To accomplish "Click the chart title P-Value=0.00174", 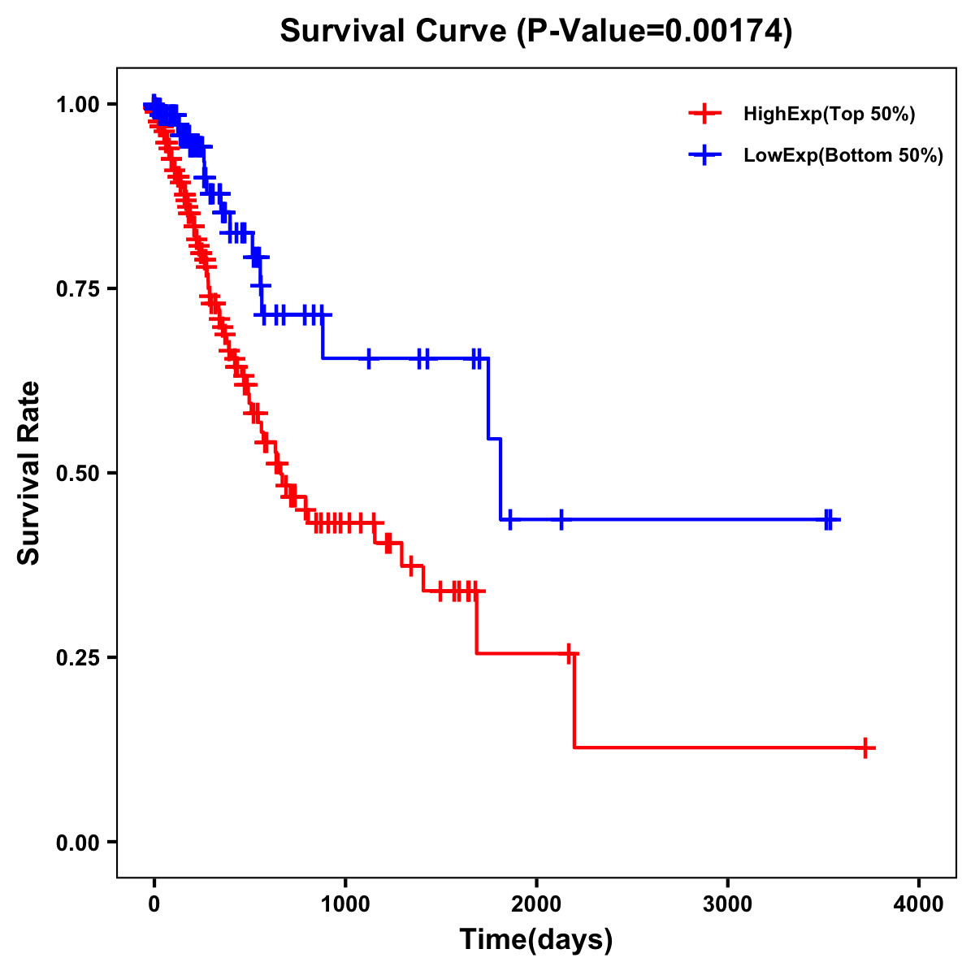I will pos(535,31).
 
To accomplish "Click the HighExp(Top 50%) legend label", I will pos(829,114).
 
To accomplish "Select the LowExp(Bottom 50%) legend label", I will pos(843,155).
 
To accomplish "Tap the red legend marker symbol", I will pos(704,114).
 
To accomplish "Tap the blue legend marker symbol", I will pos(704,155).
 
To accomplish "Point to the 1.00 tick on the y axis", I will pos(77,104).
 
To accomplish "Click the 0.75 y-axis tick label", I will pos(77,288).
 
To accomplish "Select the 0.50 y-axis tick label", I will pos(77,473).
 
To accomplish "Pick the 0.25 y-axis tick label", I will pos(77,657).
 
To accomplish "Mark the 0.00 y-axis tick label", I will pos(77,842).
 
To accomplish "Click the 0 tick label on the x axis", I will pos(154,904).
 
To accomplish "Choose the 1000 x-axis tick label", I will pos(345,904).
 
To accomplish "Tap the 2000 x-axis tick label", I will pos(536,904).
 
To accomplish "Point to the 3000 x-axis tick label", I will pos(727,904).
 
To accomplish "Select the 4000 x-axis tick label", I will pos(919,904).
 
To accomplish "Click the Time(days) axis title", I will pos(536,939).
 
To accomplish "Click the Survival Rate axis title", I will pos(29,473).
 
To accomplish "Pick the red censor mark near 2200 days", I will pos(570,653).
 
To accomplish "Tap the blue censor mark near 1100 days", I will pos(369,357).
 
